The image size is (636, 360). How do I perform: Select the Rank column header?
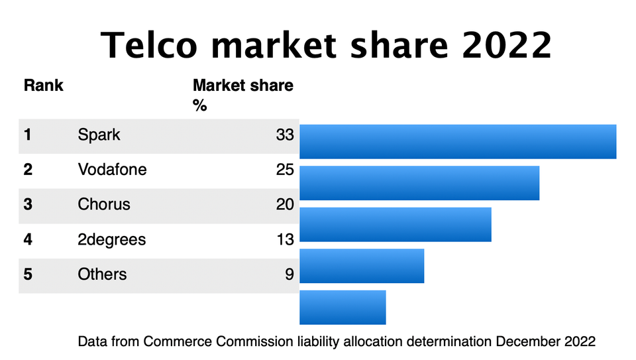tap(43, 86)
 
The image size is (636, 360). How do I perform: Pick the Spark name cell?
tap(99, 135)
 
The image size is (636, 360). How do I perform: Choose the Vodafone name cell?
tap(112, 170)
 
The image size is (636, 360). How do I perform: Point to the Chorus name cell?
tap(104, 204)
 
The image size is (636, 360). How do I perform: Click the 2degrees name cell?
tap(111, 239)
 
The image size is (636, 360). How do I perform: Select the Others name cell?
tap(102, 274)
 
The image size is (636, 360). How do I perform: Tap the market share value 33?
tap(285, 135)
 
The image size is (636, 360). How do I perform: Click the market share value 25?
tap(285, 170)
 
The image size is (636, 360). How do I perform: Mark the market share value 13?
tap(285, 239)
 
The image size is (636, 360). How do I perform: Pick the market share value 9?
tap(289, 274)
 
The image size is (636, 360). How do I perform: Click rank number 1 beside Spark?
tap(28, 135)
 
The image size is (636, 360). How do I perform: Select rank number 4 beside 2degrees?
tap(28, 239)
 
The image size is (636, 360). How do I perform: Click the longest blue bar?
tap(458, 141)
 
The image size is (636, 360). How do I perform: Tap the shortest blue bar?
tap(343, 307)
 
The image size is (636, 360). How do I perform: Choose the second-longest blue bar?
tap(419, 183)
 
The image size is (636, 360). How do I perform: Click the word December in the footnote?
tap(527, 342)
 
